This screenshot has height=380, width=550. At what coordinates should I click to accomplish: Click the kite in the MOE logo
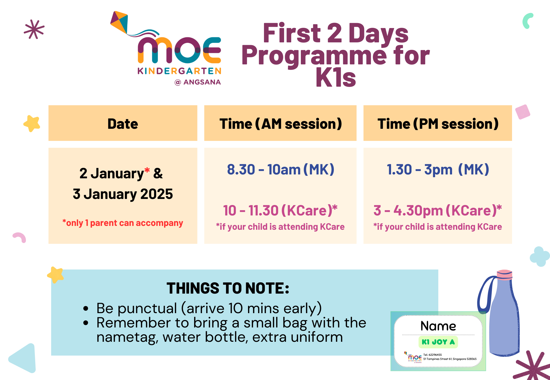pos(119,23)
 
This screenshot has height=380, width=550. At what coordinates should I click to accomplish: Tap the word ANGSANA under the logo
pos(202,82)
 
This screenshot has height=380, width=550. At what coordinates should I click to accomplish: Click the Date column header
pos(123,124)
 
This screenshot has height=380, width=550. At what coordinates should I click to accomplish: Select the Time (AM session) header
pos(280,124)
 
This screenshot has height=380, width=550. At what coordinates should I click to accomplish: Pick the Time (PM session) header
pos(438,124)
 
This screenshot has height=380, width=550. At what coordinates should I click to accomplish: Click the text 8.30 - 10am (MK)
pos(280,170)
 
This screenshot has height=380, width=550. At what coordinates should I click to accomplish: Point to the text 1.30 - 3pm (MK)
pos(438,170)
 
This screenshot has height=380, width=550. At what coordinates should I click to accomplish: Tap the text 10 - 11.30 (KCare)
pos(280,210)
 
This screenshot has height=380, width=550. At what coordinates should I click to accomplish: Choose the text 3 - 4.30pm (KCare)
pos(438,210)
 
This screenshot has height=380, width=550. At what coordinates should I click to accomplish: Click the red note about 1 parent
pos(123,223)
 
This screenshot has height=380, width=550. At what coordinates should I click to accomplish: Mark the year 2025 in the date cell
pos(156,194)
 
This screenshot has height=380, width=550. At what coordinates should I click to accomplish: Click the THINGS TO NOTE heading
pos(228,288)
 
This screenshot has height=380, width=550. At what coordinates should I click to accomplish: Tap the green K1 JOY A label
pos(438,342)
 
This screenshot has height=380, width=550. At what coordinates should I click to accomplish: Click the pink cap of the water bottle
pos(504,274)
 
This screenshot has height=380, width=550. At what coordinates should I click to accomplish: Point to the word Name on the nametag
pos(438,326)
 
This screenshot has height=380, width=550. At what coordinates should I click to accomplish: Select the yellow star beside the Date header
pos(32,123)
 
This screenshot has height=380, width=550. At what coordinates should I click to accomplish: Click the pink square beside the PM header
pos(522,112)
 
